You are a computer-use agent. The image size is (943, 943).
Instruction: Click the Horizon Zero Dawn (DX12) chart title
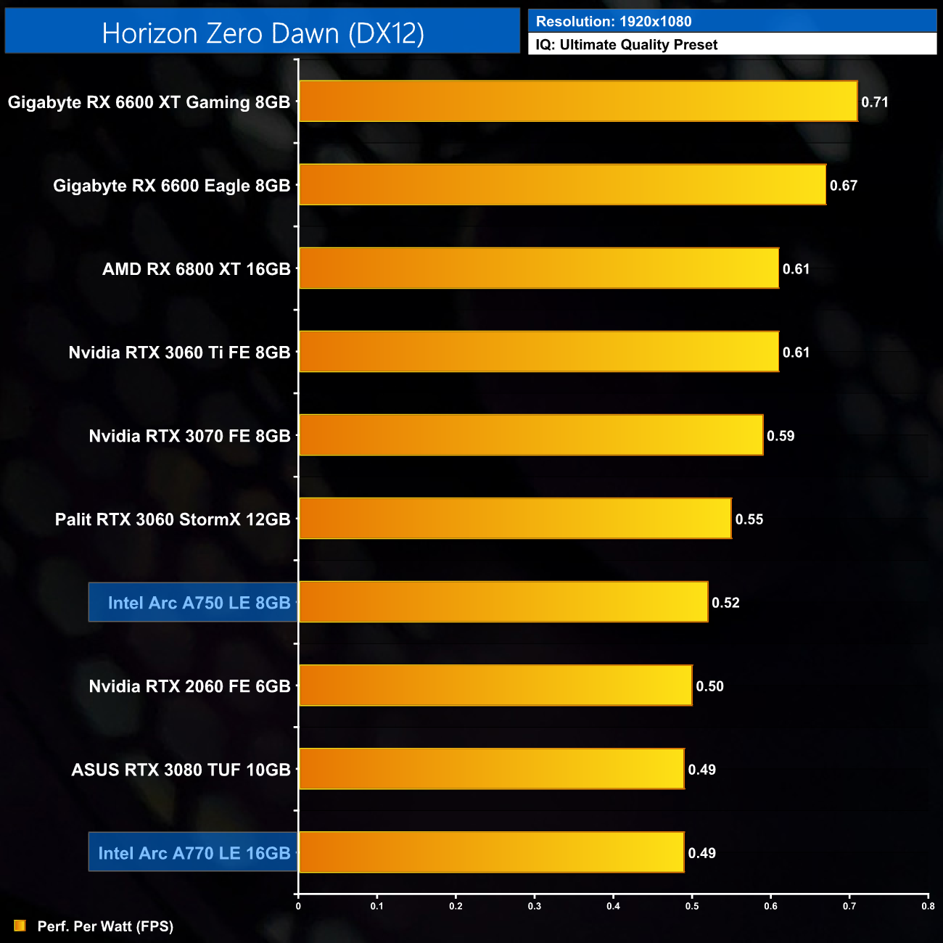click(263, 33)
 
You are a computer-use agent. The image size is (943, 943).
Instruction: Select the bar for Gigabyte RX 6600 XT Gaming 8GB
click(578, 102)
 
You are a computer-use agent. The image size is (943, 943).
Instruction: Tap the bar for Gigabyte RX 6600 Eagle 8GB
click(562, 185)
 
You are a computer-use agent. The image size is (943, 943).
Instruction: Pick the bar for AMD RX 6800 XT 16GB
click(539, 268)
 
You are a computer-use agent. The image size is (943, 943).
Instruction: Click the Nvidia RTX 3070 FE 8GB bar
click(531, 435)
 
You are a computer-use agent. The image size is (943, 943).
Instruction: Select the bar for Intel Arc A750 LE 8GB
click(503, 602)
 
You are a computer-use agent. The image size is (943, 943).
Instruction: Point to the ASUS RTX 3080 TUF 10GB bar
click(492, 769)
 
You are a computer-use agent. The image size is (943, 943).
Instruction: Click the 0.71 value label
click(875, 102)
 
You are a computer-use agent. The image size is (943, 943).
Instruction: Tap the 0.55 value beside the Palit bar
click(749, 519)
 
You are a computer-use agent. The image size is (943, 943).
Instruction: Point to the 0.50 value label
click(709, 686)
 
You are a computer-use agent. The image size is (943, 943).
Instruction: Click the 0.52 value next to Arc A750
click(725, 603)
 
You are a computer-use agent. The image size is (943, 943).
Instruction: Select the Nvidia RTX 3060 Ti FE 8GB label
click(179, 353)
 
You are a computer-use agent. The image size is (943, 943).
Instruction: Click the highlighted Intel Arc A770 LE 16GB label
click(194, 853)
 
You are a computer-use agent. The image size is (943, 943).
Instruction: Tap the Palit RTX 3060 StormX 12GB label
click(173, 519)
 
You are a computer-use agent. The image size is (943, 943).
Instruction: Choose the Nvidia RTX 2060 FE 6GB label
click(189, 686)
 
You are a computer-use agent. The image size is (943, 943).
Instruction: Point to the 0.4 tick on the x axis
click(613, 906)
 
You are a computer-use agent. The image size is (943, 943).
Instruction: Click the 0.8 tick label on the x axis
click(928, 906)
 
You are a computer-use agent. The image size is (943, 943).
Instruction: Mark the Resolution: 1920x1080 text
click(614, 22)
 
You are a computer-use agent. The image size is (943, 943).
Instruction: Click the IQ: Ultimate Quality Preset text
click(627, 45)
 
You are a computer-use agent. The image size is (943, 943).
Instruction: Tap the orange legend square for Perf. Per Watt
click(20, 926)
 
